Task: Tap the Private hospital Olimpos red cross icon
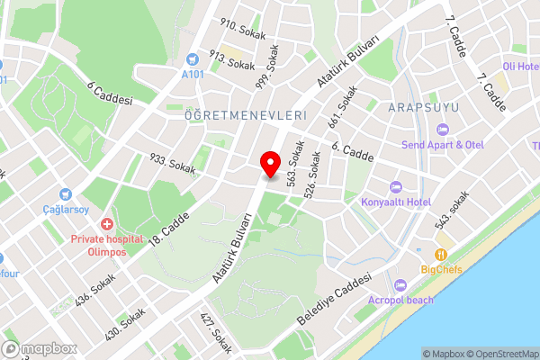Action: (107, 223)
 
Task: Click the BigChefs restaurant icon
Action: (441, 255)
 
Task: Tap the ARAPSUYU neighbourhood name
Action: (424, 108)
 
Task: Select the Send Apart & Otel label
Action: (443, 145)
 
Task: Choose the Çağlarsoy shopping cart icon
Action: (65, 194)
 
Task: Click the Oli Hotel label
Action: (519, 67)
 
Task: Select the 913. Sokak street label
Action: (232, 61)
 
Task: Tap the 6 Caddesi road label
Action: (110, 94)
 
